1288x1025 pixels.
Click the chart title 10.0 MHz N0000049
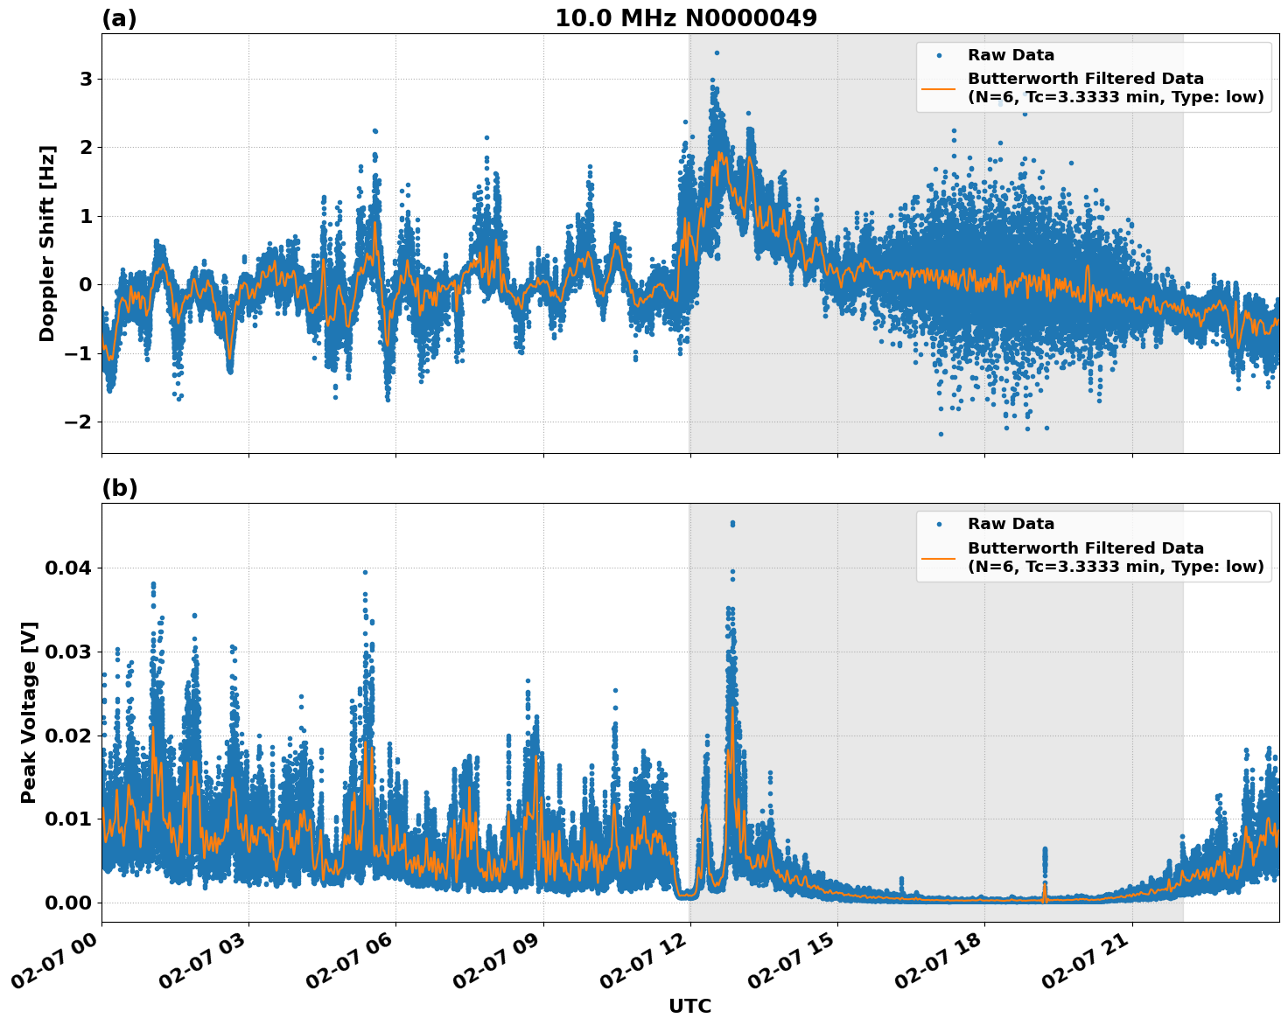[686, 18]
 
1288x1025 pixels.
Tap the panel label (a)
[119, 18]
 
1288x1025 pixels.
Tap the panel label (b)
[119, 488]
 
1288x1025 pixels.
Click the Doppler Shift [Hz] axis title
[47, 243]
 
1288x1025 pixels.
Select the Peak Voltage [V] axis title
[29, 713]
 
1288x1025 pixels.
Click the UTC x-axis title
[689, 1006]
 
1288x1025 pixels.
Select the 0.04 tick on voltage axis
[68, 568]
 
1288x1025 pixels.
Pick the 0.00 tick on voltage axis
[68, 903]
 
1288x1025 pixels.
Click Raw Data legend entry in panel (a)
[1011, 55]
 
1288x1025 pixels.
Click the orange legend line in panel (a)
[938, 88]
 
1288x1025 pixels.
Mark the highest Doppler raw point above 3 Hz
[717, 52]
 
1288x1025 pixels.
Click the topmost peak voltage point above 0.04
[732, 523]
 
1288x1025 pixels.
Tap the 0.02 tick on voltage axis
[68, 736]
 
